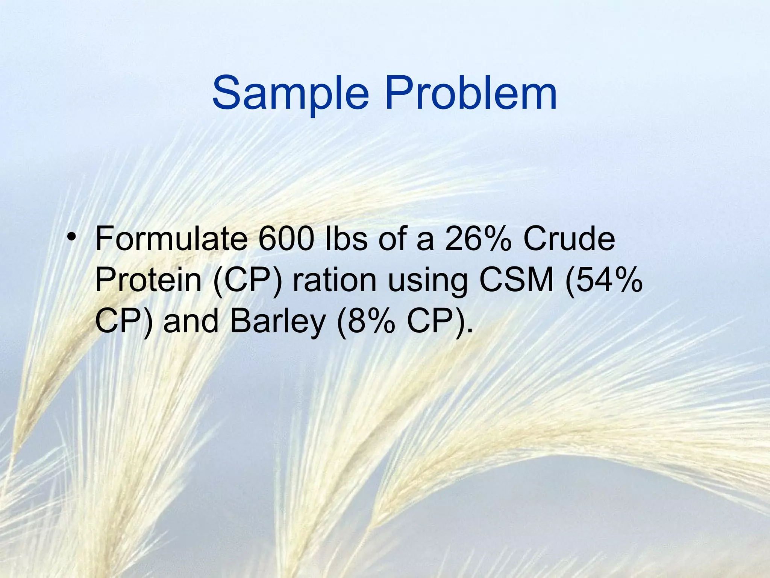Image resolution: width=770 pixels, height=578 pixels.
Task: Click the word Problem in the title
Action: [470, 93]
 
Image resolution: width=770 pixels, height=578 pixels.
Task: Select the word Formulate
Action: [171, 239]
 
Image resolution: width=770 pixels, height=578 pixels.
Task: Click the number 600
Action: [286, 239]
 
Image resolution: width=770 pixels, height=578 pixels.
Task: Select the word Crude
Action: [569, 239]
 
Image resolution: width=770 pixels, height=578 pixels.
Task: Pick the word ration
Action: [335, 280]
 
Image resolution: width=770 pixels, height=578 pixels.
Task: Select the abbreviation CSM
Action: [517, 280]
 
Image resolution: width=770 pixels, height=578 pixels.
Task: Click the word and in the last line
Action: [191, 321]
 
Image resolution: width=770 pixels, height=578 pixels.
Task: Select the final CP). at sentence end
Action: [440, 321]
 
